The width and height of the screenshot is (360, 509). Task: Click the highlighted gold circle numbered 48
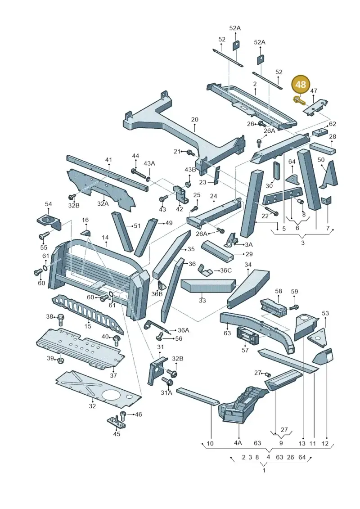point(301,85)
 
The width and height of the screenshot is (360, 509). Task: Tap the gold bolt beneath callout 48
point(299,101)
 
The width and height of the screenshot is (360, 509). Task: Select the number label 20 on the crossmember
point(194,119)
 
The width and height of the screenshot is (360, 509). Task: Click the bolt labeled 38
point(60,320)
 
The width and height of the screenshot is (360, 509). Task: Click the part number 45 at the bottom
point(117,434)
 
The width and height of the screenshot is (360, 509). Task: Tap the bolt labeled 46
point(123,416)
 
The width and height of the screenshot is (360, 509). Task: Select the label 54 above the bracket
point(48,204)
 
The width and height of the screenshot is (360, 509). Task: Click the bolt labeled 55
point(44,235)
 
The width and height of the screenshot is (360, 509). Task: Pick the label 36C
point(225,270)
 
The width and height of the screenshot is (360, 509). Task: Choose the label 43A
point(149,163)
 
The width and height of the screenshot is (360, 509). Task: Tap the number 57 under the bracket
point(245,350)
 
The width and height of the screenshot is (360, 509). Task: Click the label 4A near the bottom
point(238,443)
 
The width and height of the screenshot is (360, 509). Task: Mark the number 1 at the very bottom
point(264,470)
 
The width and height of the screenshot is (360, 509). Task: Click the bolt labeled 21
point(189,152)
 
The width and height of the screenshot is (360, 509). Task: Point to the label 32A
point(103,203)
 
